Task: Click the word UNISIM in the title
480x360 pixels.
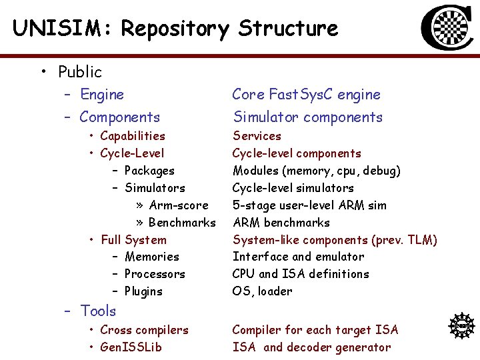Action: tap(55, 28)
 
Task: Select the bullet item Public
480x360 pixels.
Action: tap(79, 71)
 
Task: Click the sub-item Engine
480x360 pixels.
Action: tap(101, 95)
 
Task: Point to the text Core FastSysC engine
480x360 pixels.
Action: tap(306, 95)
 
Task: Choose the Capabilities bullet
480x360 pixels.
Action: tap(132, 136)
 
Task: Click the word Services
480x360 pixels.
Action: tap(257, 136)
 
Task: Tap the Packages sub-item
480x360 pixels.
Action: tap(149, 171)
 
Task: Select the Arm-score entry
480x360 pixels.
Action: tap(179, 205)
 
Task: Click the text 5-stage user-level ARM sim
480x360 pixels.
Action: tap(309, 205)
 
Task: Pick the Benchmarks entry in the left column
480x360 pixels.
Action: tap(181, 223)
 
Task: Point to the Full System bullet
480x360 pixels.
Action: tap(133, 240)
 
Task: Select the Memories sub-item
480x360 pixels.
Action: tap(151, 257)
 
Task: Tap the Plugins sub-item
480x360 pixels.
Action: tap(143, 291)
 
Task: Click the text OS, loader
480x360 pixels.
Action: tap(262, 291)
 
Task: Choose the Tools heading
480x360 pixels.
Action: tap(98, 311)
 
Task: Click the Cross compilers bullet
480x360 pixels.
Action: tap(144, 330)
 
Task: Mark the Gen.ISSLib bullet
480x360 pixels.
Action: tap(131, 347)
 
